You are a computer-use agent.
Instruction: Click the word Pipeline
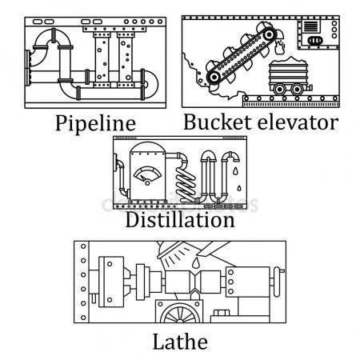pyautogui.click(x=95, y=123)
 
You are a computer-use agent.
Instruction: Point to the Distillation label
pyautogui.click(x=180, y=220)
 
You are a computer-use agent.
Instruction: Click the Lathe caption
pyautogui.click(x=180, y=342)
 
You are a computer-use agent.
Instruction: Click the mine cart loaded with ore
pyautogui.click(x=290, y=76)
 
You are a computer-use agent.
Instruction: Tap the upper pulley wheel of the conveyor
pyautogui.click(x=269, y=34)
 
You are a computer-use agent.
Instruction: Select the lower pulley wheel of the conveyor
pyautogui.click(x=214, y=77)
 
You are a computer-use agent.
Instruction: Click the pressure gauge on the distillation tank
pyautogui.click(x=147, y=175)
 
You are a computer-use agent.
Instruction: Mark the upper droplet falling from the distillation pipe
pyautogui.click(x=235, y=171)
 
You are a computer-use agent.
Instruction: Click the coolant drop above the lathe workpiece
pyautogui.click(x=196, y=262)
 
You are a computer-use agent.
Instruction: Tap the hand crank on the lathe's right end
pyautogui.click(x=278, y=282)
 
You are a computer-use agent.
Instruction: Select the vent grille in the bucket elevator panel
pyautogui.click(x=310, y=26)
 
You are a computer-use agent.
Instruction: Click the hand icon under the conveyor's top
pyautogui.click(x=279, y=47)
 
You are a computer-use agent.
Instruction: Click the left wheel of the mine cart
pyautogui.click(x=279, y=89)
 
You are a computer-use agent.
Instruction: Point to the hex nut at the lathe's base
pyautogui.click(x=222, y=313)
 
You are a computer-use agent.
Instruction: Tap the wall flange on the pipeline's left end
pyautogui.click(x=28, y=68)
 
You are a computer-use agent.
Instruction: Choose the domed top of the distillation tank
pyautogui.click(x=147, y=147)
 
